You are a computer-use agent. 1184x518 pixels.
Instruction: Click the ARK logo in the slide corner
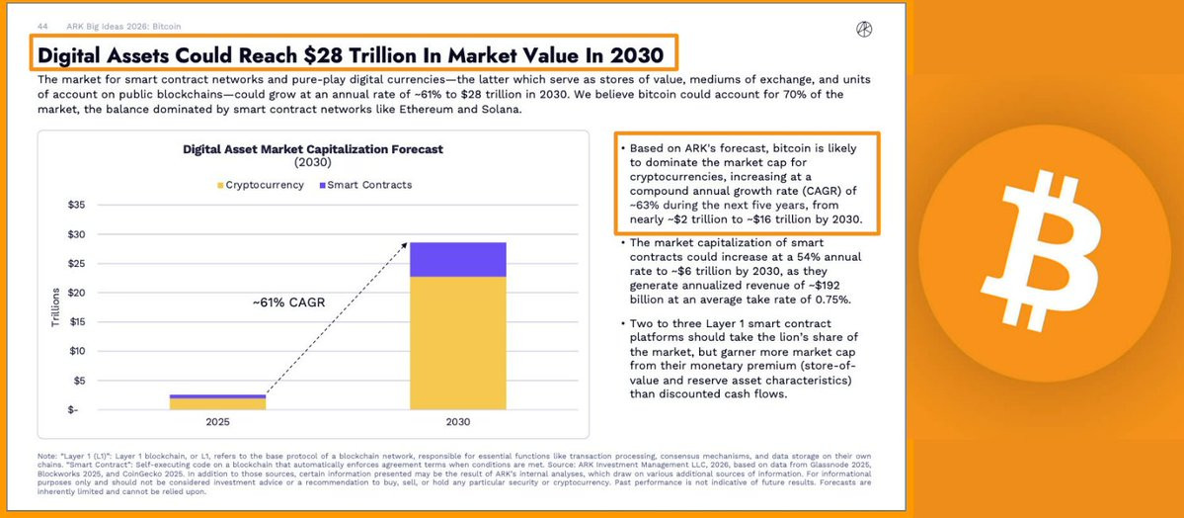[x=864, y=30]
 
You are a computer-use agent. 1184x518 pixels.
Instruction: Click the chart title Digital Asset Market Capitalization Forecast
[x=313, y=149]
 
